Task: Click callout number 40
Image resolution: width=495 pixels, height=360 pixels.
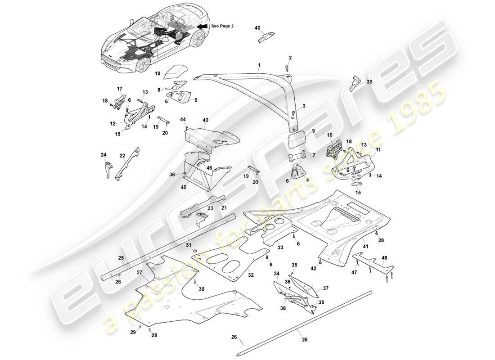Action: pyautogui.click(x=257, y=28)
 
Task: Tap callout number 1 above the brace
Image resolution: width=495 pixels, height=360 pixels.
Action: pyautogui.click(x=259, y=65)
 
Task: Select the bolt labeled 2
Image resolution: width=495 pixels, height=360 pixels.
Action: pyautogui.click(x=286, y=67)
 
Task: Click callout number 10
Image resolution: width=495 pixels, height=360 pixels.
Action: pyautogui.click(x=157, y=73)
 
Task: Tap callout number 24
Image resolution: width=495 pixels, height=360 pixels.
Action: pyautogui.click(x=103, y=155)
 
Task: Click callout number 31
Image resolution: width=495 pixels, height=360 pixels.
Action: pyautogui.click(x=188, y=244)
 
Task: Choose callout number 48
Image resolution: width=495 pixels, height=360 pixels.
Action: pyautogui.click(x=384, y=258)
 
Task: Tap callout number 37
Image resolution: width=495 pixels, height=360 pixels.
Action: pyautogui.click(x=326, y=288)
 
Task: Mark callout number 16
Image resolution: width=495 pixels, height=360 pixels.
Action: pyautogui.click(x=329, y=135)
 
